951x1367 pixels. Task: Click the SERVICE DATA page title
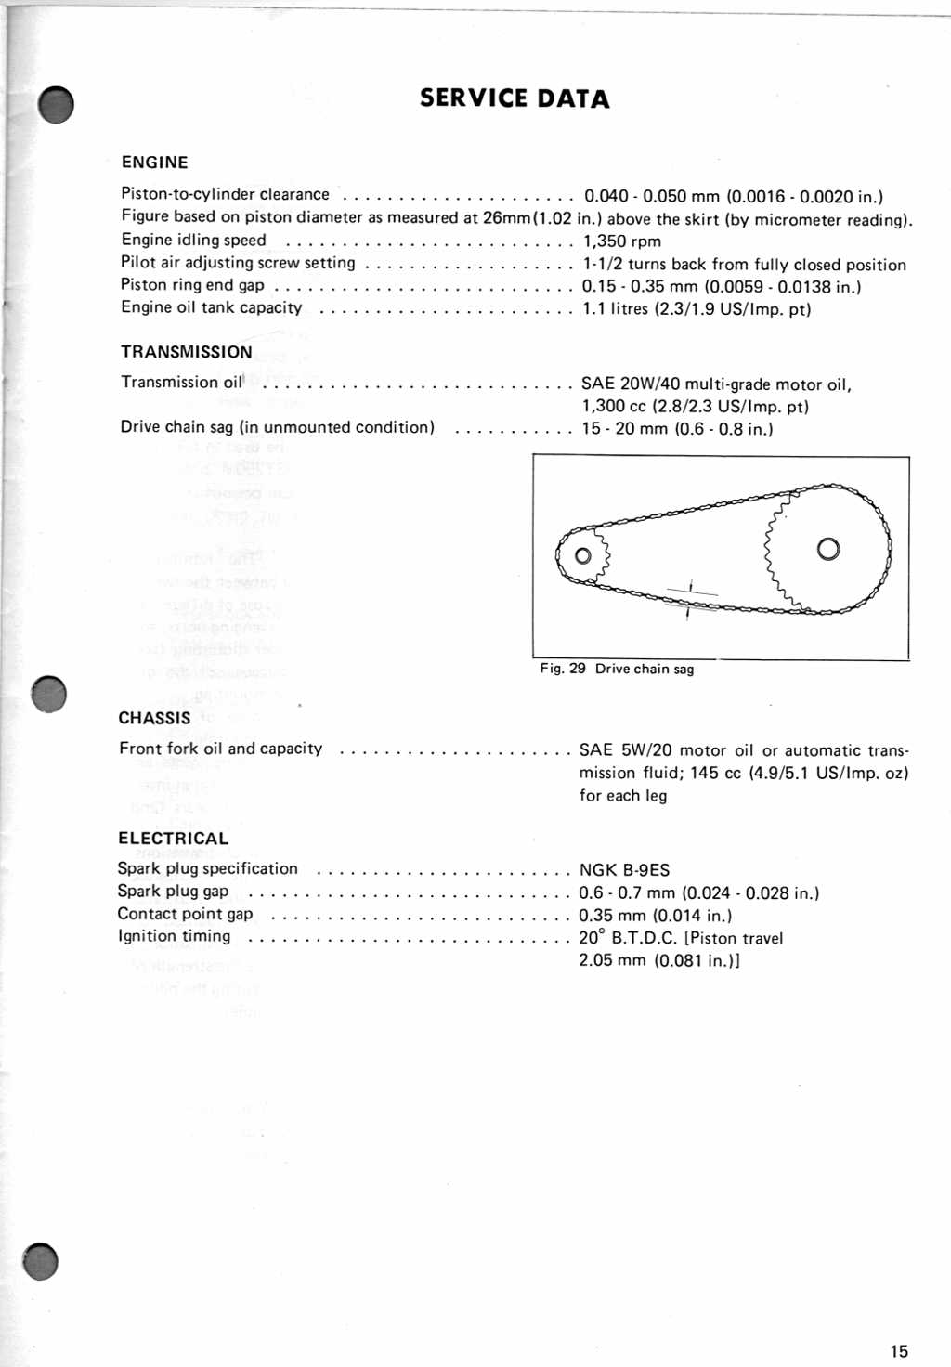514,98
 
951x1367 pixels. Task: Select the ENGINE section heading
154,163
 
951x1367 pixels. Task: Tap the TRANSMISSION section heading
186,352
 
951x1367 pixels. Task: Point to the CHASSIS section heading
154,718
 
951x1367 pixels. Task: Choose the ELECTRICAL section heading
173,838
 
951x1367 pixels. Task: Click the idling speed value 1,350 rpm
622,241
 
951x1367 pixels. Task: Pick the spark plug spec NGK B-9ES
624,870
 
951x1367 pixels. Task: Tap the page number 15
899,1351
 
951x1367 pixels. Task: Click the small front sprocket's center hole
582,555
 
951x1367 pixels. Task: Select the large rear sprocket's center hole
827,549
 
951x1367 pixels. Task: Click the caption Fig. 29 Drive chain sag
617,669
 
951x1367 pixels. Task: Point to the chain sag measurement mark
689,599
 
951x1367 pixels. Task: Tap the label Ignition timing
174,936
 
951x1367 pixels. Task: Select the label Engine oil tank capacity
211,307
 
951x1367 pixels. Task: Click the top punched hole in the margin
56,105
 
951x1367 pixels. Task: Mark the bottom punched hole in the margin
41,1260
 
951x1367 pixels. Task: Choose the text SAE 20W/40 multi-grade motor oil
716,384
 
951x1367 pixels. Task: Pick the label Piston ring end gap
192,285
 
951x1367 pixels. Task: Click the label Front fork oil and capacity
220,749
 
